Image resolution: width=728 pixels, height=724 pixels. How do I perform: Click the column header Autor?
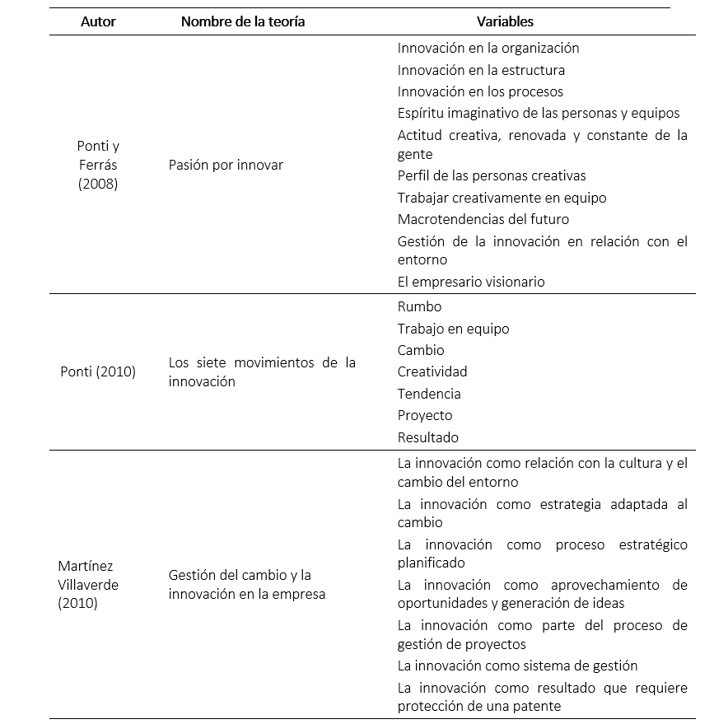click(x=98, y=22)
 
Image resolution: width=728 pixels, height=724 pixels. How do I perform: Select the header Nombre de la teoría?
click(x=243, y=22)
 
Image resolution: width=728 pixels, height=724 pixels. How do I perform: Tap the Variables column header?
click(x=505, y=22)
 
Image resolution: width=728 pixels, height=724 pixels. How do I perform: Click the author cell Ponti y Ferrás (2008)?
click(x=98, y=165)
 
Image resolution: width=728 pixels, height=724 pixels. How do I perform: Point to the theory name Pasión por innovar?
click(x=226, y=165)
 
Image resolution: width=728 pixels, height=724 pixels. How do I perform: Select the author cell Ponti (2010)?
click(x=98, y=371)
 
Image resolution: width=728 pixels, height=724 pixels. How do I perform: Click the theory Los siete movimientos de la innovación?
click(x=262, y=371)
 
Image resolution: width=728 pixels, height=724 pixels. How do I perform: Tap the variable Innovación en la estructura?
click(x=481, y=70)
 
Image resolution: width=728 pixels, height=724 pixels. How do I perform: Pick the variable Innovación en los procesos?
click(x=480, y=91)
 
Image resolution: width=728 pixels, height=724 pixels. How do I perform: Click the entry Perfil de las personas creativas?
click(x=492, y=175)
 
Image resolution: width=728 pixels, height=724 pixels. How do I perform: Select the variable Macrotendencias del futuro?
click(x=483, y=219)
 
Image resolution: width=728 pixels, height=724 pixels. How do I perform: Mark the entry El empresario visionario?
click(x=471, y=282)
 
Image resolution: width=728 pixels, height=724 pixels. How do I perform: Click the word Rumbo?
click(x=419, y=306)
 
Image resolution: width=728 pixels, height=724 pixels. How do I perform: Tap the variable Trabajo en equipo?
click(x=453, y=329)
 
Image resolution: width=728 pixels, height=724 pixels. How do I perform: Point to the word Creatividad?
click(x=432, y=371)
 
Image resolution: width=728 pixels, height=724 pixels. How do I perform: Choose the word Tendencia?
click(x=429, y=394)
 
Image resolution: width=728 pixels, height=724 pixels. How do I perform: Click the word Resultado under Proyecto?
click(x=427, y=437)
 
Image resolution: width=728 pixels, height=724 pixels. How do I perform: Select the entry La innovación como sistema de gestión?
click(x=517, y=666)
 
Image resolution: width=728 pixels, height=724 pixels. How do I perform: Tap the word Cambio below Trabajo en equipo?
click(x=420, y=350)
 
